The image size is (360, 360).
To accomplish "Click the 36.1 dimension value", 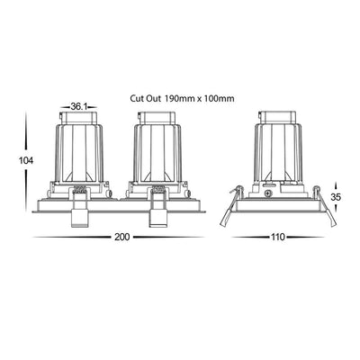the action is pos(78,106).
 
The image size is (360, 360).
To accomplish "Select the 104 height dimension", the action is pos(26,160).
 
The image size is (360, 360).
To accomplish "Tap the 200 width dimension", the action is pos(122,237).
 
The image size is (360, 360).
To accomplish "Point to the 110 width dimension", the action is pos(278,237).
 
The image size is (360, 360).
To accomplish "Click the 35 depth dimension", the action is pos(336,197).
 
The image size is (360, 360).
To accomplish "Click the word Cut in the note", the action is pos(135,98).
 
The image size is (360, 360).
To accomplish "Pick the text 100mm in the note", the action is pos(220,98).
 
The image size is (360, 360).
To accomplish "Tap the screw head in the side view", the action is pos(268,193).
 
